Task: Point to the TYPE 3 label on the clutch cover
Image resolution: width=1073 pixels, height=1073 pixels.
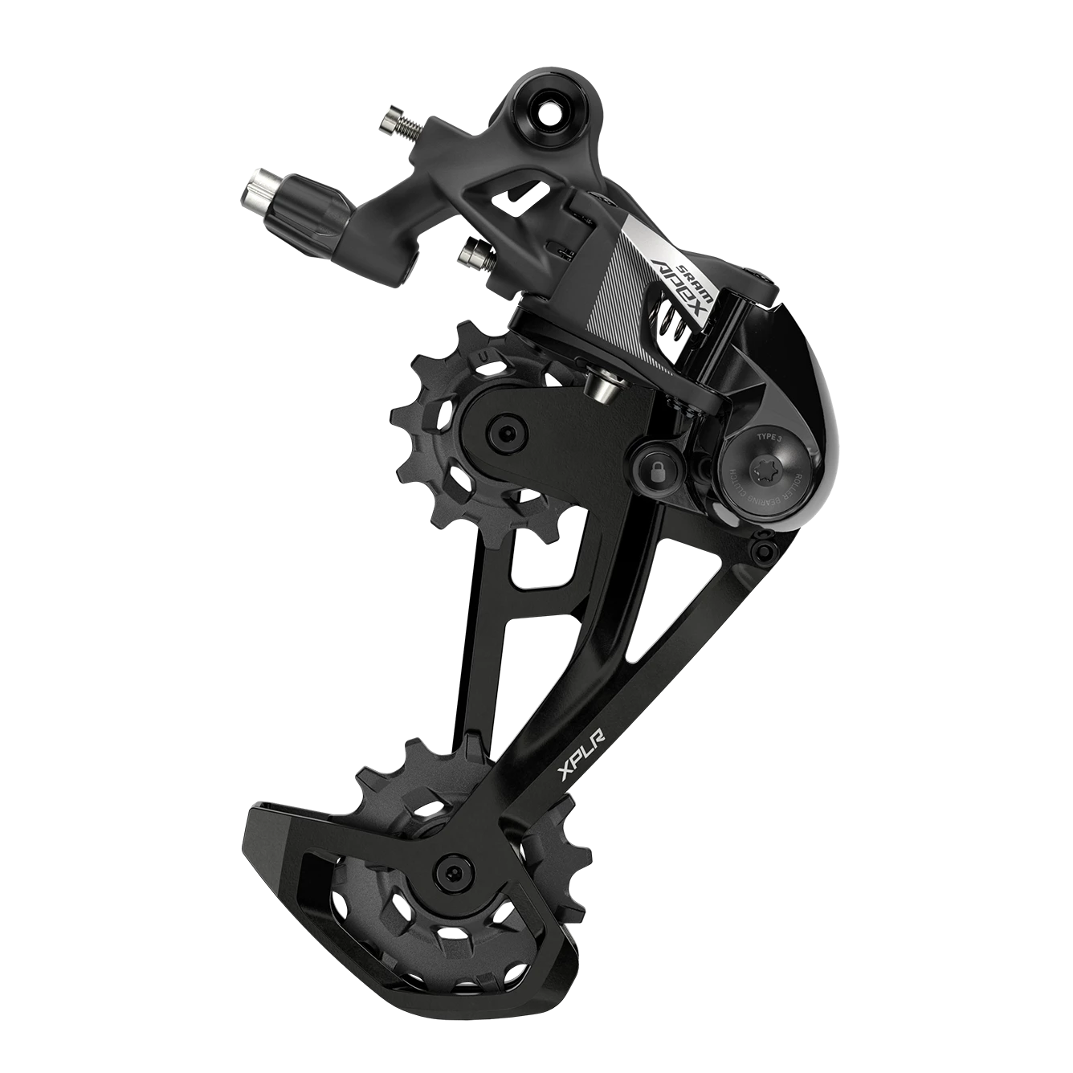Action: [769, 437]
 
